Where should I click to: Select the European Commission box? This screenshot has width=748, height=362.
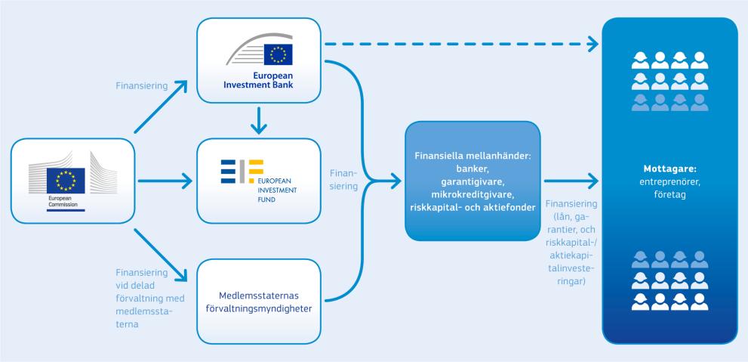pyautogui.click(x=73, y=181)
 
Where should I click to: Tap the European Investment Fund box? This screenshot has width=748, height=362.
pyautogui.click(x=258, y=181)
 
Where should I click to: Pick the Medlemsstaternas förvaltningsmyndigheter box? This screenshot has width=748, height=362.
pyautogui.click(x=258, y=300)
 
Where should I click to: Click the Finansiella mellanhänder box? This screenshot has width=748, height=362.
pyautogui.click(x=473, y=181)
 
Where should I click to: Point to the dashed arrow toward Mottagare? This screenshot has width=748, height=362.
pyautogui.click(x=460, y=45)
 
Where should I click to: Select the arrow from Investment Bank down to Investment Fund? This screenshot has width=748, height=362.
pyautogui.click(x=258, y=120)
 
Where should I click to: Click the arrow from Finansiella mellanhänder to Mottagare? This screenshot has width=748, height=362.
pyautogui.click(x=571, y=181)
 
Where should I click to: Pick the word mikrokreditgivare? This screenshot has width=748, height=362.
pyautogui.click(x=473, y=194)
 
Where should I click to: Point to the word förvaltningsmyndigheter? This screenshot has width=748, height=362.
pyautogui.click(x=258, y=308)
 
